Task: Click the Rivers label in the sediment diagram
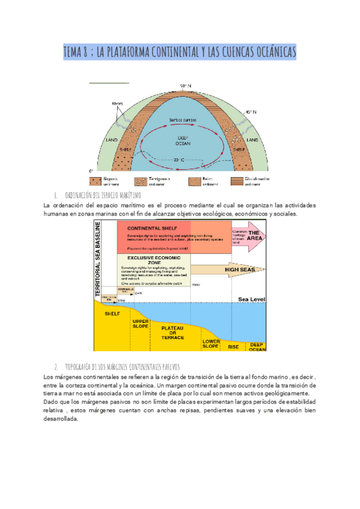point(118,104)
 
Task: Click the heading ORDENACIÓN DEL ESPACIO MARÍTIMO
point(102,196)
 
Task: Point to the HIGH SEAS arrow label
point(240,270)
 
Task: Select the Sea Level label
point(250,298)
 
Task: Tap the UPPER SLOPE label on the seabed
point(140,323)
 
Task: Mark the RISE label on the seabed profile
point(233,346)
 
